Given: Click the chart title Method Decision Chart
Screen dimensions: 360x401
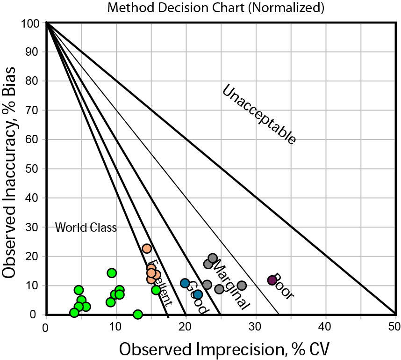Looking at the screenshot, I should point(209,7).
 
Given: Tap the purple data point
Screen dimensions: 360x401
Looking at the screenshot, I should point(272,280).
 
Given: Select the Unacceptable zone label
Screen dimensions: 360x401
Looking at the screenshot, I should point(258,114).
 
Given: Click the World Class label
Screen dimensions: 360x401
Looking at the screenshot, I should point(86,228).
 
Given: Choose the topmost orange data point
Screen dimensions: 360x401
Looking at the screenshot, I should point(147,249).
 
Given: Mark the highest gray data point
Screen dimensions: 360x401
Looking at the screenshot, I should point(213,258).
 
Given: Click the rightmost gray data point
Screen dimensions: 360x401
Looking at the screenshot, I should point(242,286).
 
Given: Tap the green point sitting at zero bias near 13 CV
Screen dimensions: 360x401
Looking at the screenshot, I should point(138,314).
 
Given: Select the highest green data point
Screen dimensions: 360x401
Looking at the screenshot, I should point(112,273).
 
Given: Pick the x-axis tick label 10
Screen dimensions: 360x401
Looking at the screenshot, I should point(115,326).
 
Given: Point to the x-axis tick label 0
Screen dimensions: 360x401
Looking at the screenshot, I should point(45,326).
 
